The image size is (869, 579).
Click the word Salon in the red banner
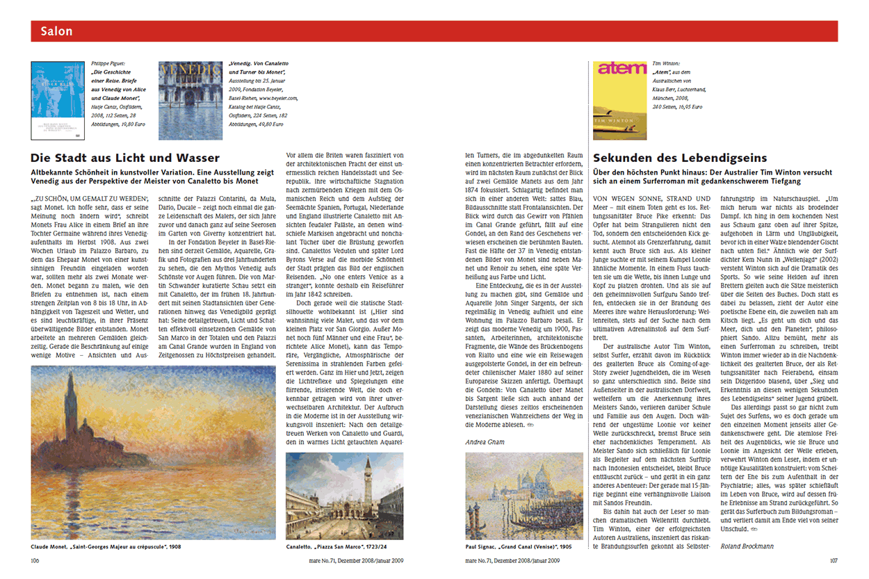[56, 31]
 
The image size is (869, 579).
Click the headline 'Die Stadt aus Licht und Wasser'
[126, 158]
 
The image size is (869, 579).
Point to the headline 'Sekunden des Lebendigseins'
[680, 158]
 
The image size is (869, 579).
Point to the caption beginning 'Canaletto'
[336, 547]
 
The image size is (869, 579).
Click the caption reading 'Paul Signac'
[513, 547]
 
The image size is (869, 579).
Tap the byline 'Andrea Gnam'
[485, 441]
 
